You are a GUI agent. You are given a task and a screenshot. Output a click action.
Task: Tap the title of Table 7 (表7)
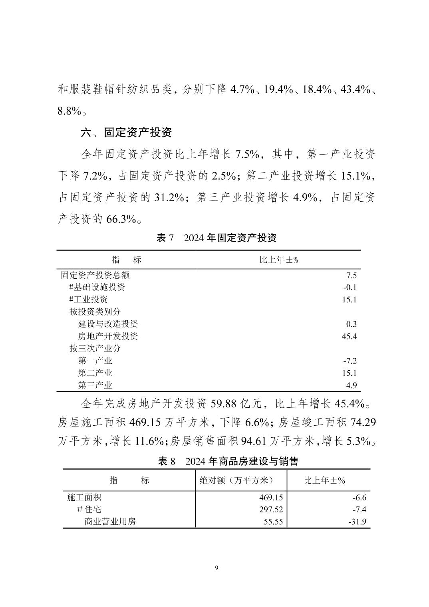pos(216,238)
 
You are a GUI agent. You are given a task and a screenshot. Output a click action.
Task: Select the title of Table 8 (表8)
pos(228,461)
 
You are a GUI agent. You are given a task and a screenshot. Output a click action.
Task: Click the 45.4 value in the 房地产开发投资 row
pos(349,336)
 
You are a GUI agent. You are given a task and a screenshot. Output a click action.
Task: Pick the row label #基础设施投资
pos(97,287)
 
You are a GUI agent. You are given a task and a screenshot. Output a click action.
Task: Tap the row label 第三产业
pos(95,385)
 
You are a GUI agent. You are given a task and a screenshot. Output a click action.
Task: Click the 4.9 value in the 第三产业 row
pos(352,385)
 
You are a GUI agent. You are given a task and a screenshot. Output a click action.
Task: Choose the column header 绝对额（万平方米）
pos(241,480)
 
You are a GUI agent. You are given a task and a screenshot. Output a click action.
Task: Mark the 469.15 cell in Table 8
pos(271,498)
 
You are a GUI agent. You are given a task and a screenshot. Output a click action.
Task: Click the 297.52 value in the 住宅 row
pos(271,510)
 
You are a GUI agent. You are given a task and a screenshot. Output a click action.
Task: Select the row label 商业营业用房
pos(110,522)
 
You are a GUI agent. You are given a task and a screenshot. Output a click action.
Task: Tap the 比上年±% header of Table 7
pos(279,260)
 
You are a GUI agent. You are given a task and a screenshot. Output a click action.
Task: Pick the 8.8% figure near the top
pos(70,111)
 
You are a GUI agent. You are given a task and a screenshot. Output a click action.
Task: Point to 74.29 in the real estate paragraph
pos(363,423)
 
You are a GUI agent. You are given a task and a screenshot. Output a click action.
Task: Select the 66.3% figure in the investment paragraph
pos(121,219)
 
